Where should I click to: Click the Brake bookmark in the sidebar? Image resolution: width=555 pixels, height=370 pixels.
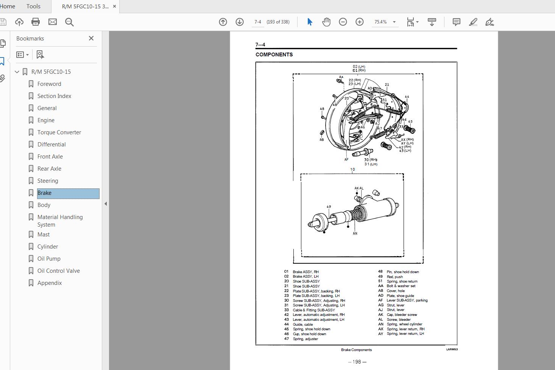(44, 193)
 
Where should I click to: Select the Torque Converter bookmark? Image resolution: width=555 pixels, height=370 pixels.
(59, 132)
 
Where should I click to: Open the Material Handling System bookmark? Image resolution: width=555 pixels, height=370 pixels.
(60, 221)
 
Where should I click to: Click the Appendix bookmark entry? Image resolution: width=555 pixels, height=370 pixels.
(49, 283)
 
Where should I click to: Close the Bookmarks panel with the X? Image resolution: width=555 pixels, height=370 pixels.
(91, 38)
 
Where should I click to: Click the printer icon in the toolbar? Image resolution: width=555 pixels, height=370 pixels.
(36, 22)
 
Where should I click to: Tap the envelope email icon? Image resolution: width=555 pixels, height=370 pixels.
(53, 22)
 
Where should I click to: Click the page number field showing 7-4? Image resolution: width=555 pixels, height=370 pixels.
(258, 22)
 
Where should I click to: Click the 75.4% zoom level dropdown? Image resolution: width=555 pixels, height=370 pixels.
(385, 22)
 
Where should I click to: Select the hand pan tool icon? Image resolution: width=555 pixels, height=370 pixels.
(326, 22)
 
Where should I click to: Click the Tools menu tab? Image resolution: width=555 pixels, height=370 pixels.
(33, 6)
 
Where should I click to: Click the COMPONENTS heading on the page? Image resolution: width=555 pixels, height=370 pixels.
(274, 54)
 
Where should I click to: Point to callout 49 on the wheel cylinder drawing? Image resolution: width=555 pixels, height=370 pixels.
(329, 207)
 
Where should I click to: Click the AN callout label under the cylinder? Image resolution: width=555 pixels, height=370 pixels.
(355, 233)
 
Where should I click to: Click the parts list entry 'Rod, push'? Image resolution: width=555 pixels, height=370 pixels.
(394, 277)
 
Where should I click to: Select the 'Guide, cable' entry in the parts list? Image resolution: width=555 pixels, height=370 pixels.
(302, 324)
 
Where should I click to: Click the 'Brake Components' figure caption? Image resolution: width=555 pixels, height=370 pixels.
(356, 350)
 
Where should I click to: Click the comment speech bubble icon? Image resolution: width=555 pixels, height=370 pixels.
(456, 22)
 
